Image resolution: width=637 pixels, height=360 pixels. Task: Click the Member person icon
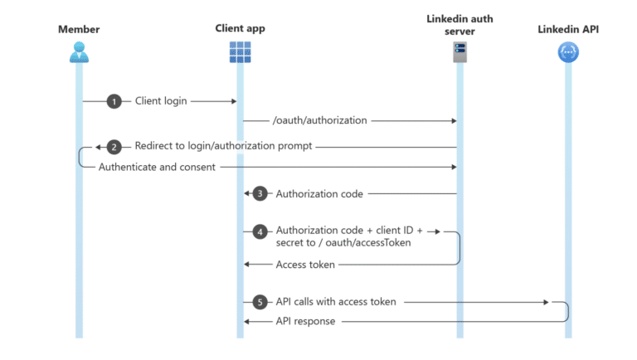coord(79,53)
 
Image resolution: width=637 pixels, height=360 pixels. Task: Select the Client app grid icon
coord(240,53)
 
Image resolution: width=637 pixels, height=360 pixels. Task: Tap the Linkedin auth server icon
coord(459,53)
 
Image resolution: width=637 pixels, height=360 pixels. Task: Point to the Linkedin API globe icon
coord(568,53)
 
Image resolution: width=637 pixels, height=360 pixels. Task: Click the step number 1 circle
coord(114,101)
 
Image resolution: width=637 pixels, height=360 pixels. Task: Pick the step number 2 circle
coord(114,147)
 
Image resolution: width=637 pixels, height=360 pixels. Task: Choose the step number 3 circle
coord(260,193)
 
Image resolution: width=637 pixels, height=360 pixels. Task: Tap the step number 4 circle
coord(260,232)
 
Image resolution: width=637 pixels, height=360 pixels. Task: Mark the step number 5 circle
coord(260,302)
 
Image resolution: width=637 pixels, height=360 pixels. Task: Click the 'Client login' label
coord(161,101)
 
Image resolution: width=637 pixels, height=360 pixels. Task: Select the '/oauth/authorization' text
coord(319,120)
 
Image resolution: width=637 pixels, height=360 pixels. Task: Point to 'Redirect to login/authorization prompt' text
coord(223,147)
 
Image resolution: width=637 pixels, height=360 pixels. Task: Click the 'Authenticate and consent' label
coord(157,167)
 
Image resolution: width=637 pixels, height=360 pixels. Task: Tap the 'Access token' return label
coord(305,265)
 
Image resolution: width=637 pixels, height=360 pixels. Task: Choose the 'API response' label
coord(305,321)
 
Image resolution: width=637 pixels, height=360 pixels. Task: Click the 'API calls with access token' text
coord(336,302)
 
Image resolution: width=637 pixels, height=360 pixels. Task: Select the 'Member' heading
coord(79,30)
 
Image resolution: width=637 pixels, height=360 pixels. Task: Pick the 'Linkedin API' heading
coord(568,30)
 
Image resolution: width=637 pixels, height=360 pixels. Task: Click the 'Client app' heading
coord(240,29)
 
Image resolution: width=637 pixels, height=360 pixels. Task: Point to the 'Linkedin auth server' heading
coord(459,25)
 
